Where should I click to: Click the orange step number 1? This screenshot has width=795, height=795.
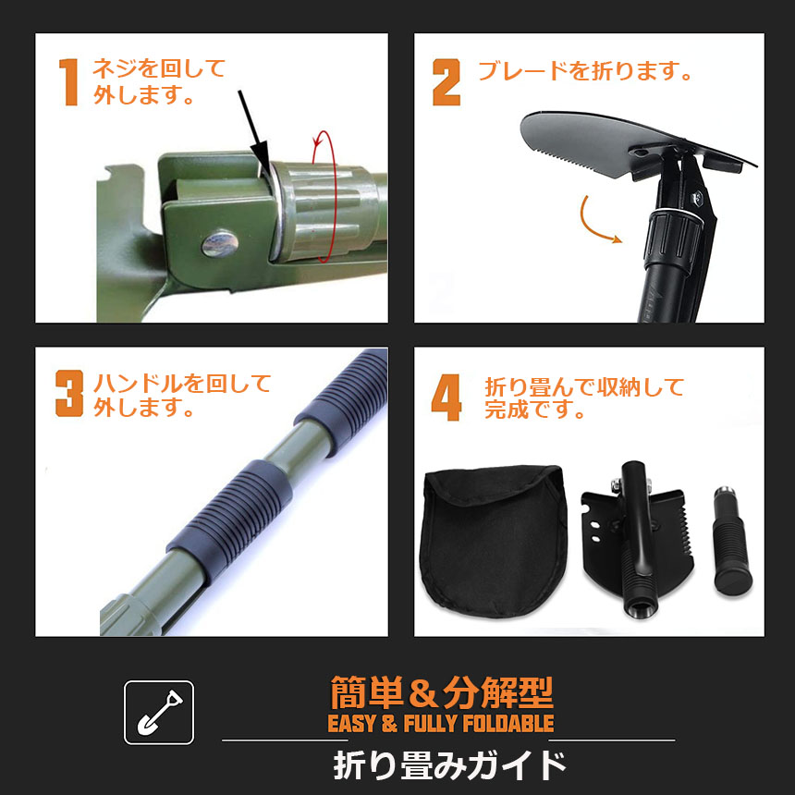click(x=69, y=82)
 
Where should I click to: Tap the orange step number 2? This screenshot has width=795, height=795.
click(x=446, y=82)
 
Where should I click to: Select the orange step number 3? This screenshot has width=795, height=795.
click(x=69, y=394)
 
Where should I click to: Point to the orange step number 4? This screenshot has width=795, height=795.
click(x=446, y=397)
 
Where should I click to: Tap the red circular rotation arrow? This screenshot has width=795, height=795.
click(x=324, y=197)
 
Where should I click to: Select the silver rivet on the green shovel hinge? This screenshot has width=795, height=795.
click(x=220, y=243)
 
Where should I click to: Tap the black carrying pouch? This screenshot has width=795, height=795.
click(x=493, y=541)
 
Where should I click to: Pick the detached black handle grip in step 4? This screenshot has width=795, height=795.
click(x=731, y=541)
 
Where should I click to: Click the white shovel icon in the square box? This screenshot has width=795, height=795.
click(x=160, y=713)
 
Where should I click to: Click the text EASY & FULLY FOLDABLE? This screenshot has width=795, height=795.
click(x=441, y=723)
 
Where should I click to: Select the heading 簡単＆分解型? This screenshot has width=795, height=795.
click(x=441, y=692)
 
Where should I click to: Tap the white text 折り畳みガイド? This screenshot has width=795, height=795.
click(x=449, y=765)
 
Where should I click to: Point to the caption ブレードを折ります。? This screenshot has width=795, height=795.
click(x=585, y=71)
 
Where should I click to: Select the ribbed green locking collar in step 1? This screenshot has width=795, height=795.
click(x=324, y=212)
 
